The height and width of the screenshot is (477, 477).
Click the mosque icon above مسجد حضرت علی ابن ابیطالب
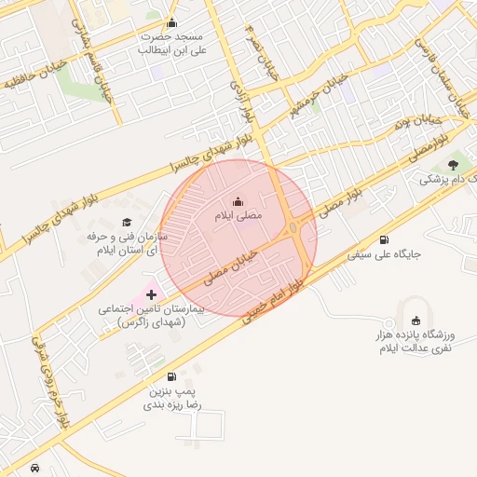click(170, 23)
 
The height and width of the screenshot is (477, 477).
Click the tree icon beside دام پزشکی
click(454, 165)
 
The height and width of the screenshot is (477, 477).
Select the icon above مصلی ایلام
click(238, 201)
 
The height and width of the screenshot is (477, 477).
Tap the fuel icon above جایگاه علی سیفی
click(386, 239)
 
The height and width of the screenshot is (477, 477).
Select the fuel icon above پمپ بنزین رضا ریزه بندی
click(170, 377)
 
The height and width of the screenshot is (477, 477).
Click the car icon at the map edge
click(34, 468)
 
